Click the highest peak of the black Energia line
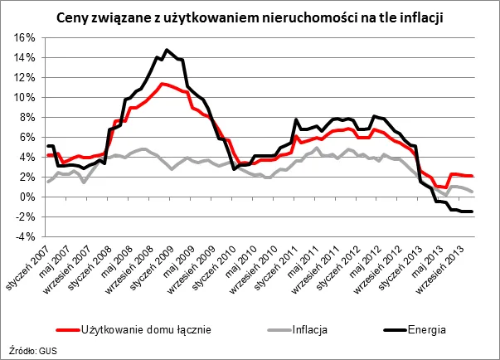167,50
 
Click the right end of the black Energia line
473,212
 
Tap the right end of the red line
473,176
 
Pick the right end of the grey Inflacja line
473,192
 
